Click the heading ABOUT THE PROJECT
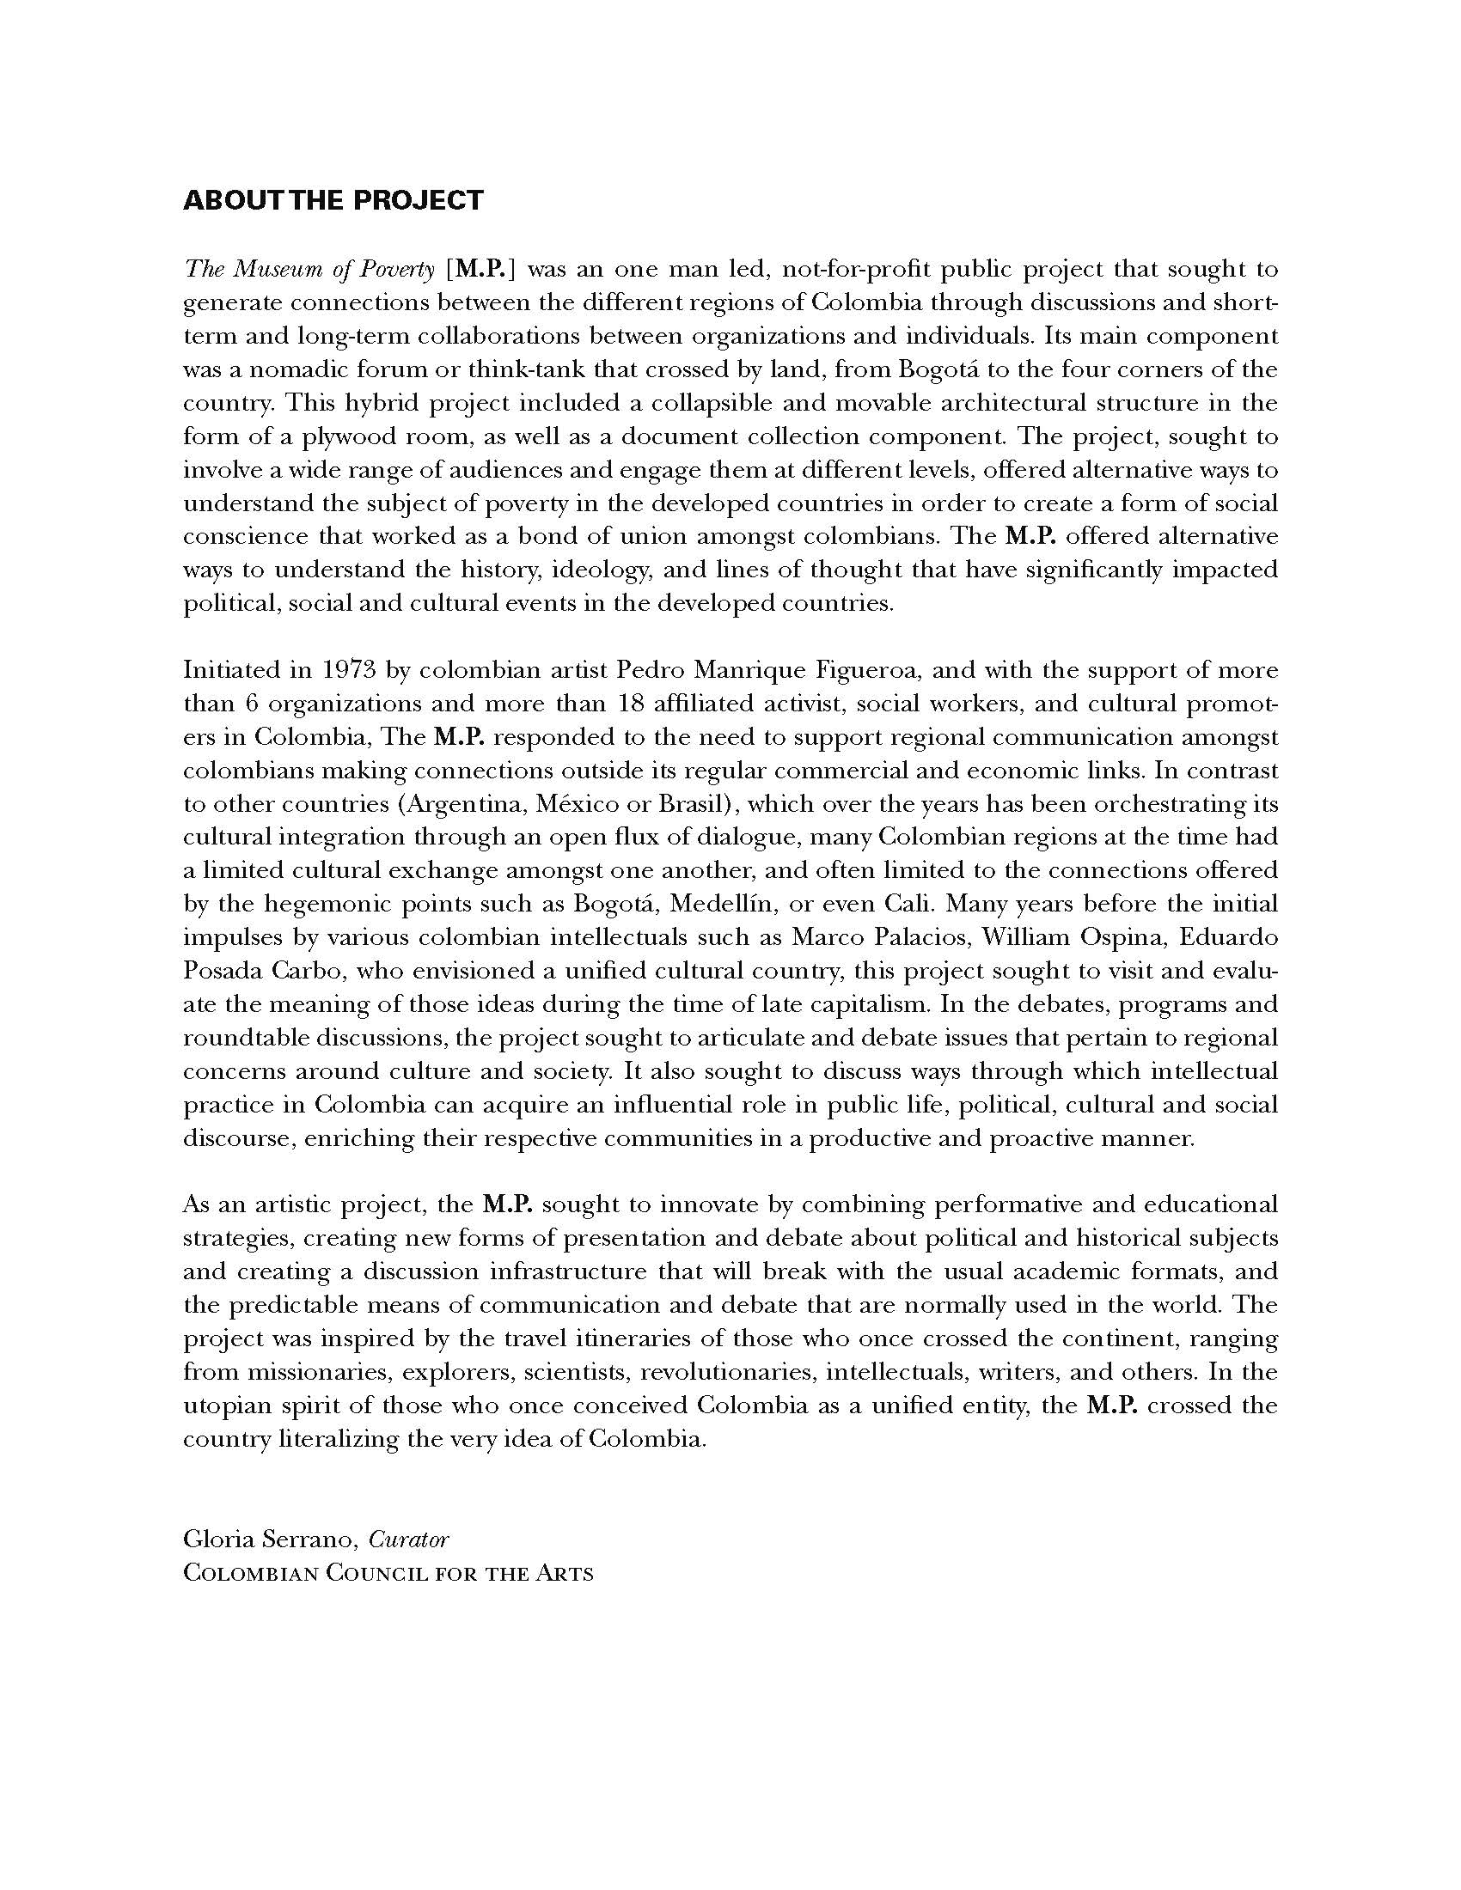coord(333,201)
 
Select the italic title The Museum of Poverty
coord(309,270)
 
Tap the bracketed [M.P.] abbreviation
coord(481,270)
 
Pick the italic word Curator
coord(408,1539)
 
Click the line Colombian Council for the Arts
coord(388,1573)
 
